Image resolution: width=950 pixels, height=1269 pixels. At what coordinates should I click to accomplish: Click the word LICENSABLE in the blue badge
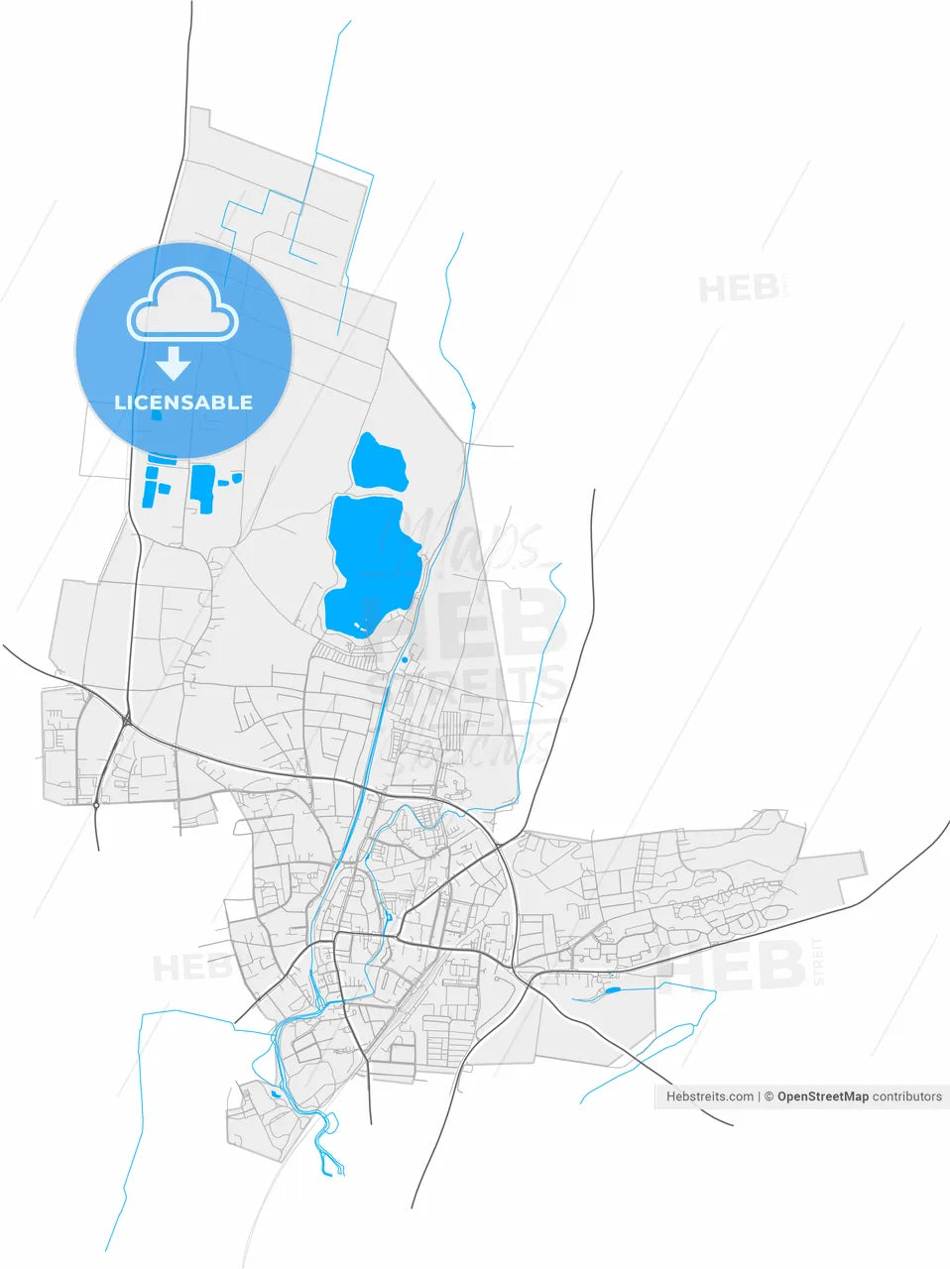[183, 403]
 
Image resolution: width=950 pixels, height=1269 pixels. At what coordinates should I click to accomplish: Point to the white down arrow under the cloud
[174, 363]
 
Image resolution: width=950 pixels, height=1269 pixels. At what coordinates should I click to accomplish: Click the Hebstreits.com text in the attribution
[709, 1096]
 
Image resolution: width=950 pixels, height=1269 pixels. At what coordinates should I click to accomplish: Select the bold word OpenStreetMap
[823, 1096]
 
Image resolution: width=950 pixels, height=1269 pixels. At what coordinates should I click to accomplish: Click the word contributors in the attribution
[907, 1096]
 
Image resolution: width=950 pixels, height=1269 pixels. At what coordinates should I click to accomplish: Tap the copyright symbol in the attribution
[768, 1096]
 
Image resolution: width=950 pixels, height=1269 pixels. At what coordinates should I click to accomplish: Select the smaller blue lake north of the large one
[379, 462]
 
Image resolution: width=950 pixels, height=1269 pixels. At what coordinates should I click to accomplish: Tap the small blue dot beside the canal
[405, 658]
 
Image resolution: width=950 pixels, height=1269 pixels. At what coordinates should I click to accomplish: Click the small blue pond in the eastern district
[611, 989]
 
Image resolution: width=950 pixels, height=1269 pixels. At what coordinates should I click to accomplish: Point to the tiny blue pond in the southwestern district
[276, 1095]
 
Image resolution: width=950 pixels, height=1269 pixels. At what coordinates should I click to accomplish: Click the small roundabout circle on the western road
[96, 805]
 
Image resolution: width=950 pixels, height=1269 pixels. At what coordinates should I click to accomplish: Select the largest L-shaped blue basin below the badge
[203, 487]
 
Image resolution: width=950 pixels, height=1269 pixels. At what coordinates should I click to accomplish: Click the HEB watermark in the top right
[739, 288]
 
